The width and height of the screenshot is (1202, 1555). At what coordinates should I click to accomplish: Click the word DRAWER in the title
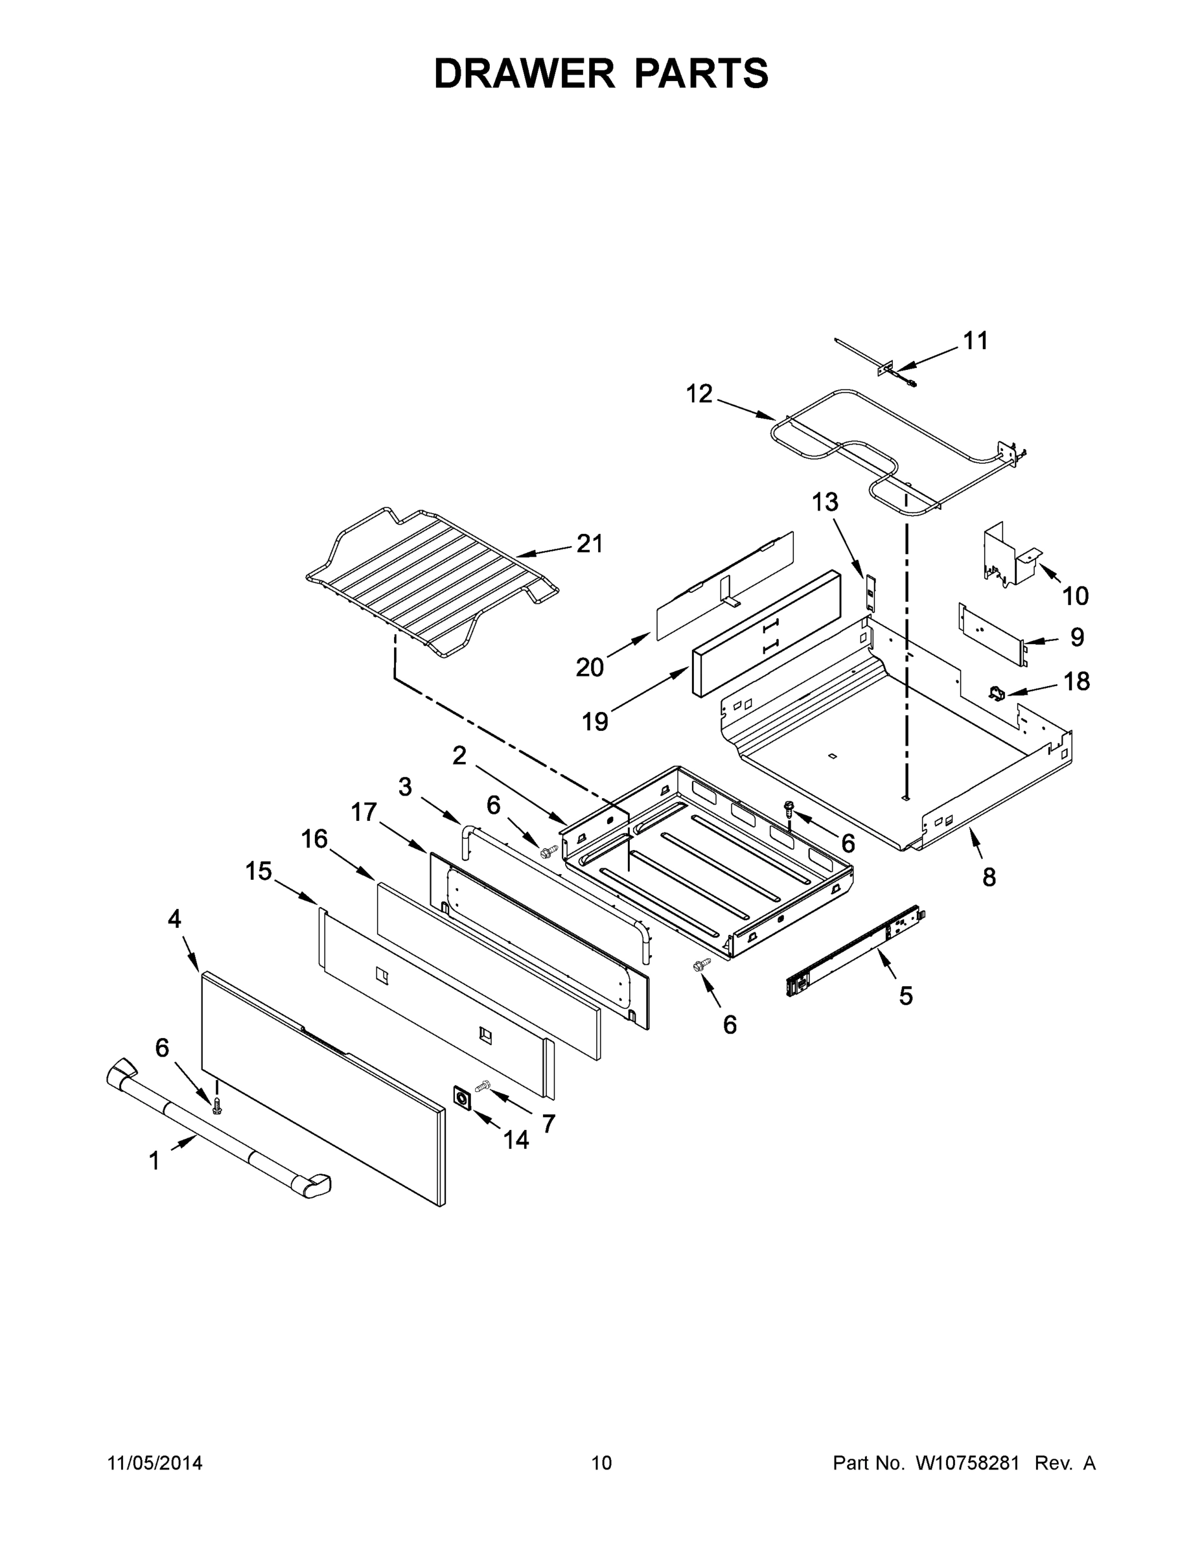click(x=524, y=73)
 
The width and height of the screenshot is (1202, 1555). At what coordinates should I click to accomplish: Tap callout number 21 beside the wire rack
click(x=590, y=544)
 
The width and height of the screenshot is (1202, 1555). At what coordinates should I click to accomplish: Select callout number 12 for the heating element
click(x=699, y=394)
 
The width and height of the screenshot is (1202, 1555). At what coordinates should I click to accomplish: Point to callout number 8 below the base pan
click(x=988, y=878)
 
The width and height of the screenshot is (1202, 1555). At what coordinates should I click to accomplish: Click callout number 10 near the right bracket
click(x=1075, y=595)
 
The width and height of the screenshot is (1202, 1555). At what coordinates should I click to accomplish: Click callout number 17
click(x=364, y=812)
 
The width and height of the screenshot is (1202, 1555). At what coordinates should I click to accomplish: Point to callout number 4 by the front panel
click(x=174, y=919)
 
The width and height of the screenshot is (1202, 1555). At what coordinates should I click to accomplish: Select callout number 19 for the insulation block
click(x=595, y=722)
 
